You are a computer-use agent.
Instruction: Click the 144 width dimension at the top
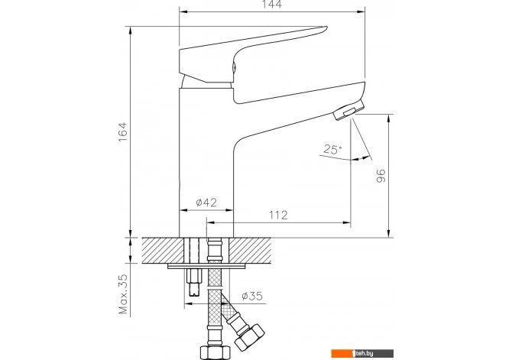272,5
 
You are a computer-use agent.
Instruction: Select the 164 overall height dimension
122,132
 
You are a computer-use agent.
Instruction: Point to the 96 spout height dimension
381,176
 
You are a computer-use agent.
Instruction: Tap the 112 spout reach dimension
278,215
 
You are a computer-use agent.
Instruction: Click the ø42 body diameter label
206,203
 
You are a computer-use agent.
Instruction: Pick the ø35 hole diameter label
252,296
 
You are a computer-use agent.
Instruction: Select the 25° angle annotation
332,149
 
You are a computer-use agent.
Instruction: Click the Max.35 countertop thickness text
123,294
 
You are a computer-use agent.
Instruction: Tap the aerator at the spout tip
348,110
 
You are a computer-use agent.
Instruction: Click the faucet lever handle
253,54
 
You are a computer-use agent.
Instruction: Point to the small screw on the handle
234,67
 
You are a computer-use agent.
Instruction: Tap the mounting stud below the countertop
195,281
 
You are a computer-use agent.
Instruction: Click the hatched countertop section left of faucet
162,250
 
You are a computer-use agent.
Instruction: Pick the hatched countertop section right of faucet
250,250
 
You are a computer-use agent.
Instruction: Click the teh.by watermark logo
362,353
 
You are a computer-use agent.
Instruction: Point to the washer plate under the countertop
206,266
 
